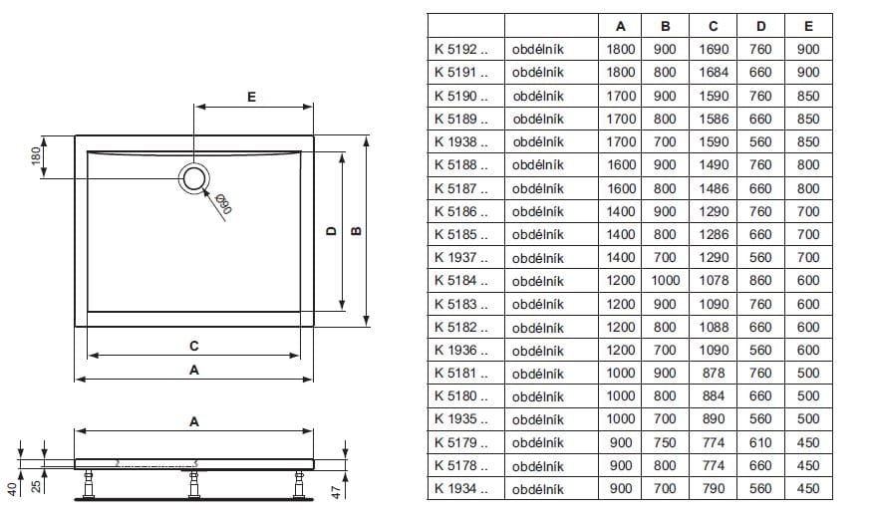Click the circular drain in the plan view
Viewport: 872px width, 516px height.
pos(194,178)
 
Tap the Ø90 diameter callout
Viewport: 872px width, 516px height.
pos(223,204)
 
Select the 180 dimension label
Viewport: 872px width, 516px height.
pos(36,156)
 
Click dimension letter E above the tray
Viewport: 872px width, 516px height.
pos(251,97)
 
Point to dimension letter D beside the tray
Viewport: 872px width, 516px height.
pos(332,231)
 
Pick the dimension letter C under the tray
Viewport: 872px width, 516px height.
pos(193,346)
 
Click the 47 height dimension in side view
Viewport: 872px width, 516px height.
pos(336,492)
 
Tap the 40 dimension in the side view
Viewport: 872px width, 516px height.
pos(12,489)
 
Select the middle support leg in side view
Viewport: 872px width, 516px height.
pos(193,484)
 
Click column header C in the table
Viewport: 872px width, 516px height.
pos(713,26)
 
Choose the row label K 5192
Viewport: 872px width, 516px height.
pos(461,49)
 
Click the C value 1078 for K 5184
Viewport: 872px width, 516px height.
pos(714,281)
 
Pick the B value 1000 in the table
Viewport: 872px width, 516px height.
pos(665,281)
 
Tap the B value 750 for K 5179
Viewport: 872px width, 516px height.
pos(665,442)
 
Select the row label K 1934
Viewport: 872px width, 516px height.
pos(461,489)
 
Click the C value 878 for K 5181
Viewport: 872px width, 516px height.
pos(714,374)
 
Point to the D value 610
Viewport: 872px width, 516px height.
pos(760,442)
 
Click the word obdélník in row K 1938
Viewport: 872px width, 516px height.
pos(538,141)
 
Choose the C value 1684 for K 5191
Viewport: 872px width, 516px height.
pos(714,73)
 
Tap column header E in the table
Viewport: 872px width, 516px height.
pos(808,26)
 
